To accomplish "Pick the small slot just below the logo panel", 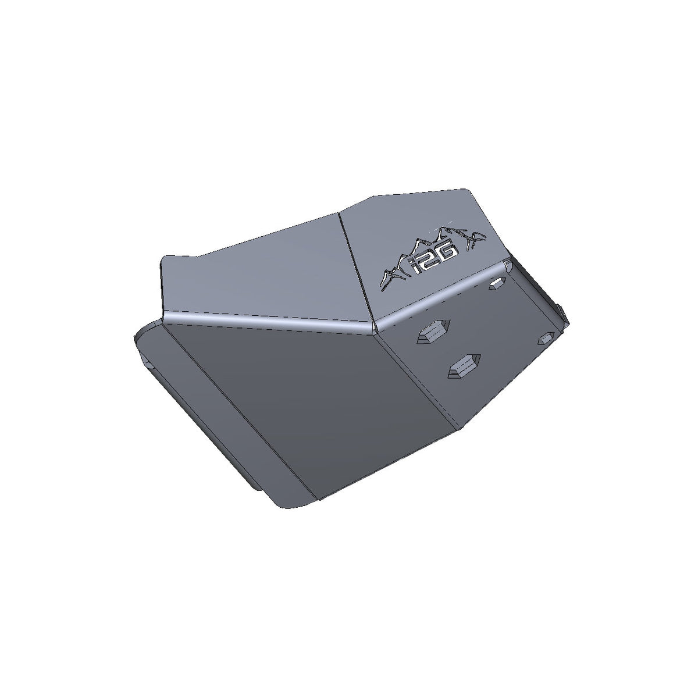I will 496,283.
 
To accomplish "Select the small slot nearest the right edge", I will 547,338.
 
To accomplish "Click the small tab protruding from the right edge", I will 562,311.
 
